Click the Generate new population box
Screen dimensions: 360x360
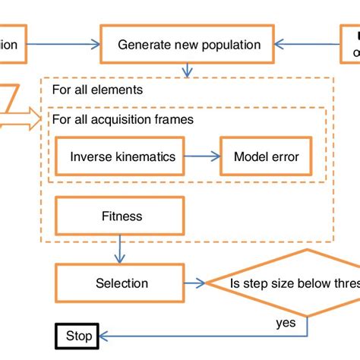point(189,45)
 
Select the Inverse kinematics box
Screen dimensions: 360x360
point(122,157)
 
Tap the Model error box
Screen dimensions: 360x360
point(266,157)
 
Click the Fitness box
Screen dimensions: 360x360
point(122,216)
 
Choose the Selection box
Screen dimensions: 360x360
point(122,283)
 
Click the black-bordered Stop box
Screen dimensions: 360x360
point(78,335)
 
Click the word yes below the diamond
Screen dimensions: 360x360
point(286,323)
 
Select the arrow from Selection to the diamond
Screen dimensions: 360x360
point(197,283)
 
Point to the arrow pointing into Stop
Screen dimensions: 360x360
point(152,335)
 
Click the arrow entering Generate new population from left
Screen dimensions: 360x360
point(65,45)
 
